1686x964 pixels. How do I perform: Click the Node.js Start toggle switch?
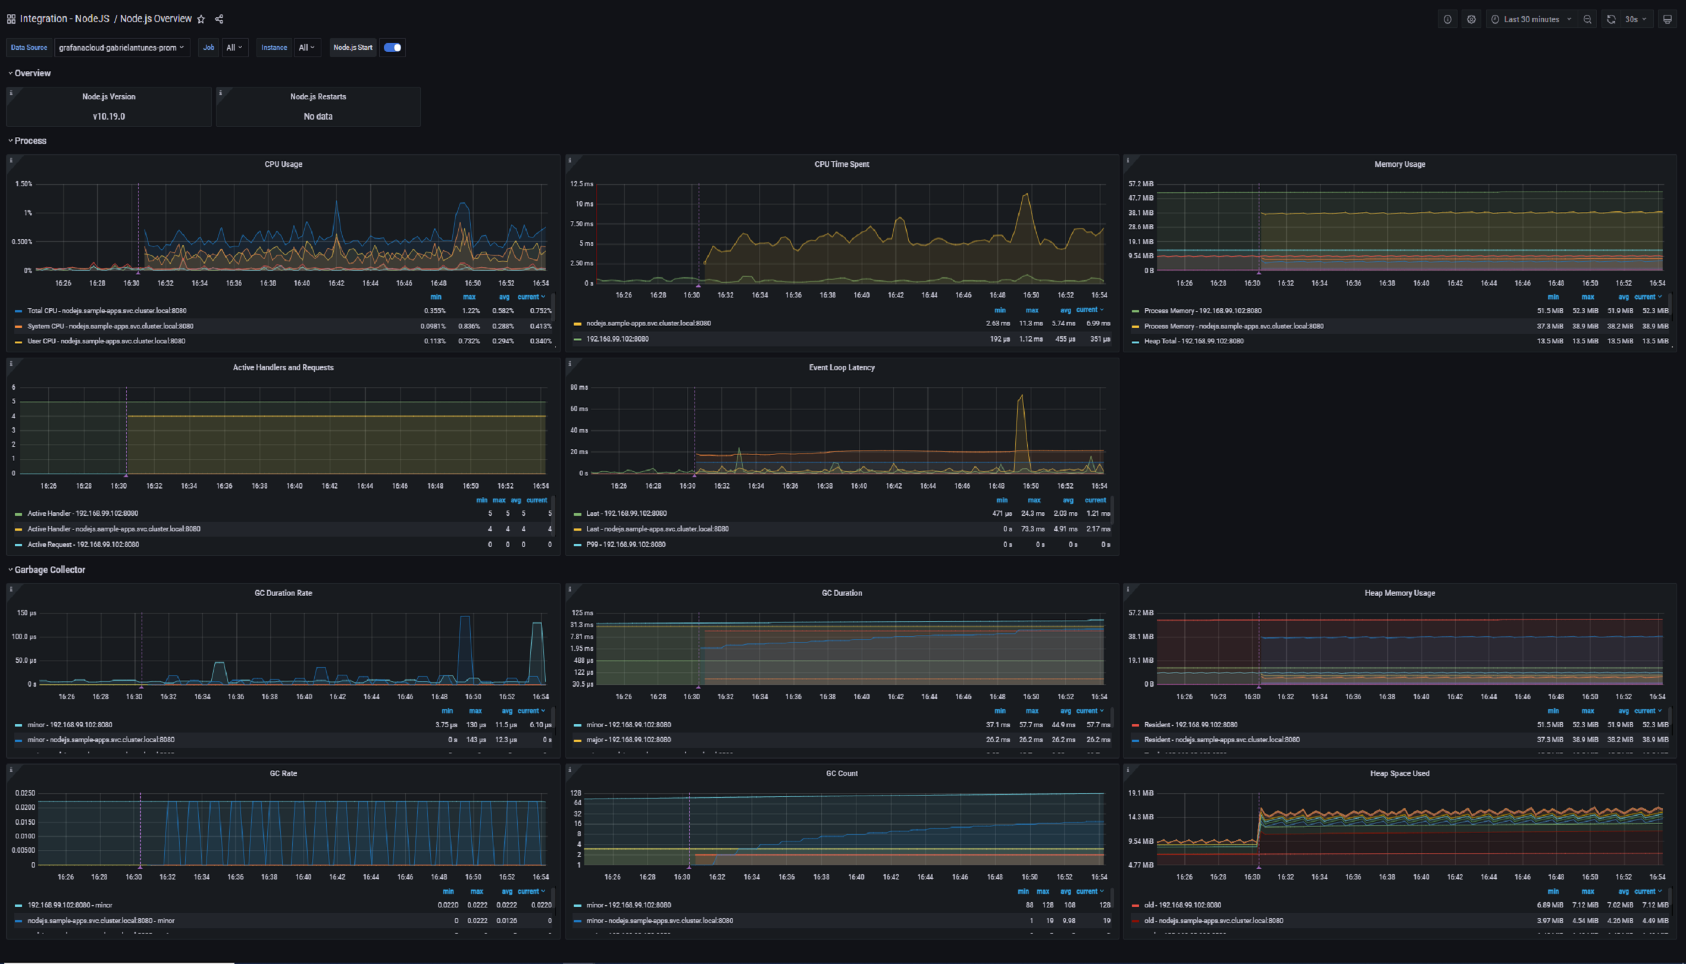pyautogui.click(x=393, y=48)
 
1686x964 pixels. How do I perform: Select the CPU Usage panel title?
pyautogui.click(x=283, y=164)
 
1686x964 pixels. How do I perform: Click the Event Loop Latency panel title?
pyautogui.click(x=842, y=368)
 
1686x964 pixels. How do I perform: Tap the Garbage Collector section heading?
pyautogui.click(x=49, y=569)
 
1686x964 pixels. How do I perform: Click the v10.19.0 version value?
pyautogui.click(x=108, y=117)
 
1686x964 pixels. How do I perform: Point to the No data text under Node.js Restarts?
pyautogui.click(x=318, y=117)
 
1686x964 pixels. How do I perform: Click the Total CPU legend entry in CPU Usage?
pyautogui.click(x=107, y=311)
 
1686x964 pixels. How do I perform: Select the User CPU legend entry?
pyautogui.click(x=106, y=341)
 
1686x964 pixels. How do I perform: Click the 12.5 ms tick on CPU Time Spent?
pyautogui.click(x=582, y=184)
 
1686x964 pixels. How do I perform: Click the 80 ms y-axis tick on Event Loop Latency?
pyautogui.click(x=579, y=387)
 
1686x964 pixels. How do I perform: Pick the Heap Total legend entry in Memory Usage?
pyautogui.click(x=1193, y=341)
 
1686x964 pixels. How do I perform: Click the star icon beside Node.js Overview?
pyautogui.click(x=201, y=19)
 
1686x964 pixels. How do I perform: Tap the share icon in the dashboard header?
pyautogui.click(x=219, y=19)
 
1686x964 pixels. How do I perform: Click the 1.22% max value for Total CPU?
pyautogui.click(x=471, y=311)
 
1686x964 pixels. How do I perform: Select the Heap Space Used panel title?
pyautogui.click(x=1399, y=774)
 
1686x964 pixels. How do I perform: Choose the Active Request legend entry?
pyautogui.click(x=83, y=544)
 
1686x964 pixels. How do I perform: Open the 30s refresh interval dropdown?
pyautogui.click(x=1635, y=19)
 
